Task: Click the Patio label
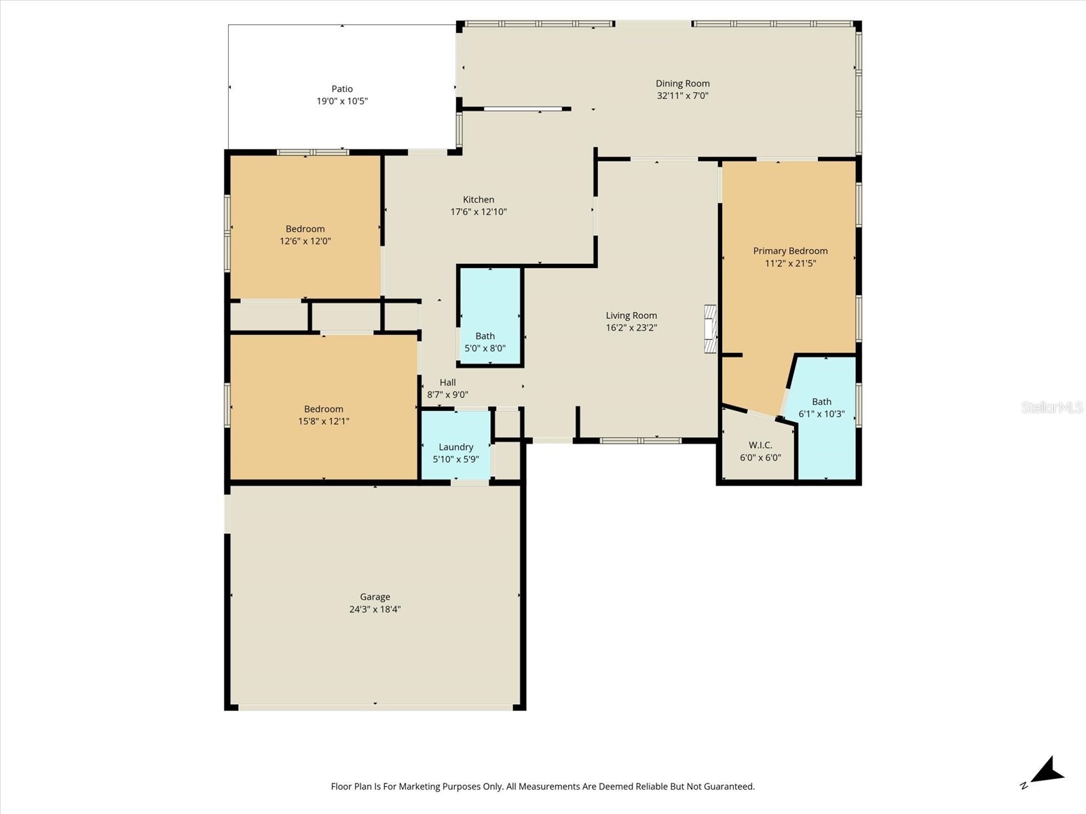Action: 342,89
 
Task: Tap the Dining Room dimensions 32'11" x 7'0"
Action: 682,96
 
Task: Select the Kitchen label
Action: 479,199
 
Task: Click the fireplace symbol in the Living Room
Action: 710,329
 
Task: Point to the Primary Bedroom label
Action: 790,251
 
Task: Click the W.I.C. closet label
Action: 760,445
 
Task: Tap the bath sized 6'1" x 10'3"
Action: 821,407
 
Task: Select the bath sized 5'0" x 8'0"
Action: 485,342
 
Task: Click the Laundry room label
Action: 455,447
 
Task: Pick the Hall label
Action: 447,383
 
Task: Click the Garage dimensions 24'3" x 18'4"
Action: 375,609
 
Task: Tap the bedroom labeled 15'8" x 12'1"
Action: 323,414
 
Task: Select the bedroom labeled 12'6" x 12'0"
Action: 305,235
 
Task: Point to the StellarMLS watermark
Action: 1051,407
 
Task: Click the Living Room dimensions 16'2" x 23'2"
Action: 631,328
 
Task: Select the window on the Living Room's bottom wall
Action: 641,441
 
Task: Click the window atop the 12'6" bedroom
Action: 313,152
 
